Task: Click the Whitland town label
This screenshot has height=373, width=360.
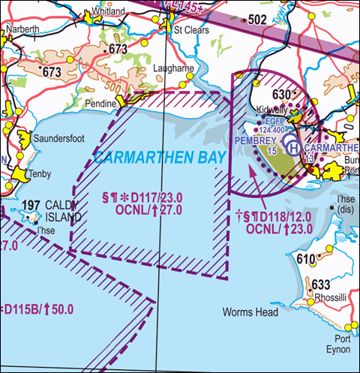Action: coord(106,13)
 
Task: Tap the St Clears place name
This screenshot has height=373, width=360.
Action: coord(188,32)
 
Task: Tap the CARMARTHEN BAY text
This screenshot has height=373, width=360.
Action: coord(151,158)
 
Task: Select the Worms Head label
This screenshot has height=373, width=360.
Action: coord(250,311)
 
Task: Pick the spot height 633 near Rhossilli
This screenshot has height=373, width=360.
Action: coord(320,284)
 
